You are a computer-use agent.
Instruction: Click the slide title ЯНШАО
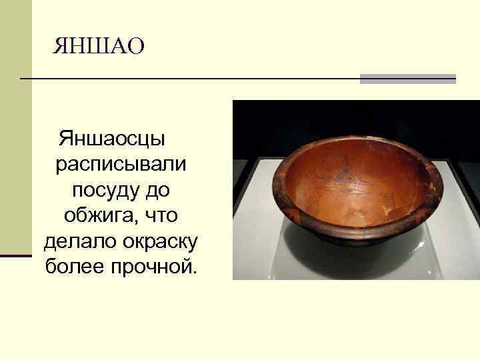point(99,47)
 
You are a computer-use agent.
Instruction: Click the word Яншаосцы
point(112,139)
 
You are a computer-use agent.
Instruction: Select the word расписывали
point(121,165)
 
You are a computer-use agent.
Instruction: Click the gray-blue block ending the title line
point(407,79)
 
